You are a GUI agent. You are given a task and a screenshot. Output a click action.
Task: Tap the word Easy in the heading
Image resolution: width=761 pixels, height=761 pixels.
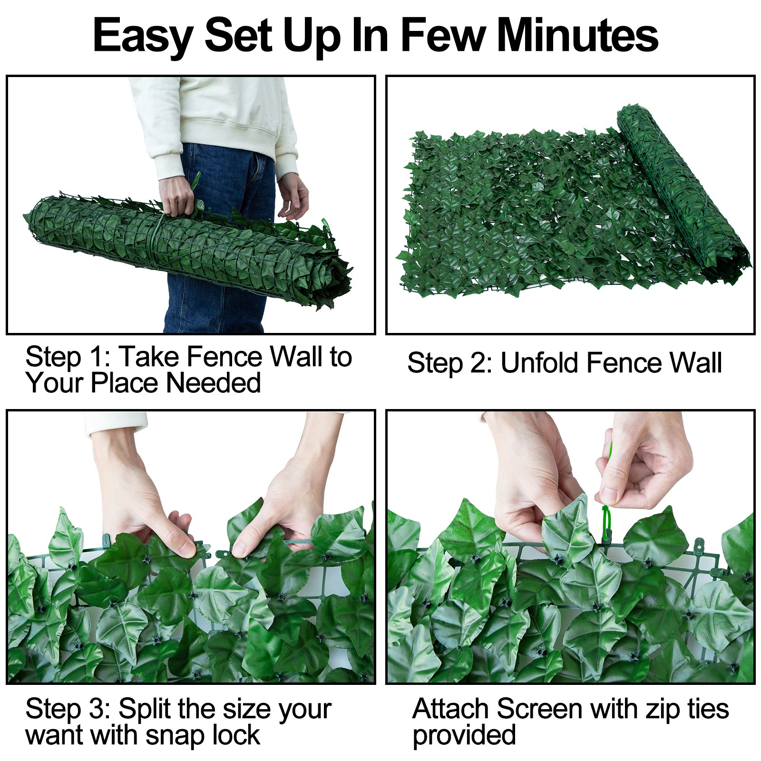(142, 36)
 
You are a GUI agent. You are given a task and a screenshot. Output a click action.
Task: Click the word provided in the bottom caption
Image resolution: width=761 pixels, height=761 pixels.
(464, 735)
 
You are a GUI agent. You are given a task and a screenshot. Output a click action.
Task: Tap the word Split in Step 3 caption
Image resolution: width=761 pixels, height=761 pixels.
(145, 709)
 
